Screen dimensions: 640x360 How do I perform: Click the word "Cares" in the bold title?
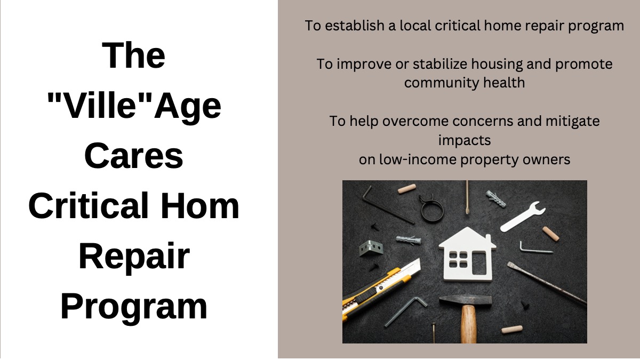point(134,156)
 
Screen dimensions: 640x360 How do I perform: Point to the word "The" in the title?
point(133,55)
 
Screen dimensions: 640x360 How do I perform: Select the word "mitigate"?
point(573,121)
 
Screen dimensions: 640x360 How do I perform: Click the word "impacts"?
point(465,141)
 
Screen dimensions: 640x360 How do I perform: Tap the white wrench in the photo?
point(522,217)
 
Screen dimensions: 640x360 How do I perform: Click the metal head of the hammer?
point(466,300)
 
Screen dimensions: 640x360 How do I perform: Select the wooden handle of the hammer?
point(469,324)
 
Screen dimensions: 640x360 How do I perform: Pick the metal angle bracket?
point(371,248)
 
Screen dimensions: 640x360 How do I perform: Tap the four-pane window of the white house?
point(458,260)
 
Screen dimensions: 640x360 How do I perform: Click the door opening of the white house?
point(479,263)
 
